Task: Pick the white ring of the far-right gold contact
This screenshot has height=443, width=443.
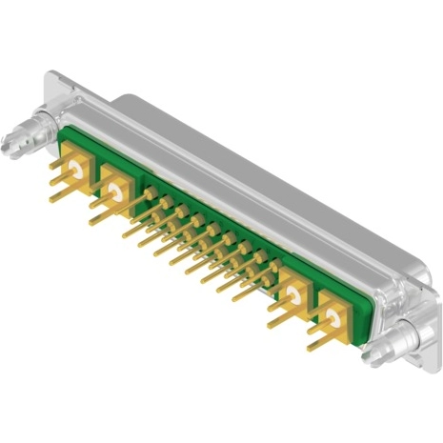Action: (x=332, y=313)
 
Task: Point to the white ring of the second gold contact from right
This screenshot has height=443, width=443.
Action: (x=292, y=291)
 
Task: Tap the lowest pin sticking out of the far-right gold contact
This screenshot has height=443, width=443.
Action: (x=319, y=345)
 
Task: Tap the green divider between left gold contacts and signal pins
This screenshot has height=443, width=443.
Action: (x=139, y=187)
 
